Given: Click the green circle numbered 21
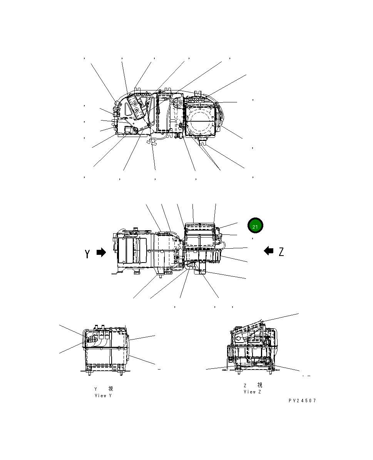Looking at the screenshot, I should coord(255,226).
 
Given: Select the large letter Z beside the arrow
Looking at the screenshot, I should coord(281,252).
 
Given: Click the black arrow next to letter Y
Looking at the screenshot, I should coord(101,253).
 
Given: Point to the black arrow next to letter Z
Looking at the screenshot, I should coord(269,251).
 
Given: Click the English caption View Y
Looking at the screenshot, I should coord(103,396).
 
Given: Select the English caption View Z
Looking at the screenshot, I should coord(252,392).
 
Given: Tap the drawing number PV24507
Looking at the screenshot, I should coord(302,401).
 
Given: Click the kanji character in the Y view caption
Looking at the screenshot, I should coord(110,389).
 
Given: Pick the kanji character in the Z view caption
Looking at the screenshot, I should coord(259,385).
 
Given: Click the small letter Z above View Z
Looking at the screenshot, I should coord(245,385).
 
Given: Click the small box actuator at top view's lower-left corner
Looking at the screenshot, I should coord(129,130).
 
